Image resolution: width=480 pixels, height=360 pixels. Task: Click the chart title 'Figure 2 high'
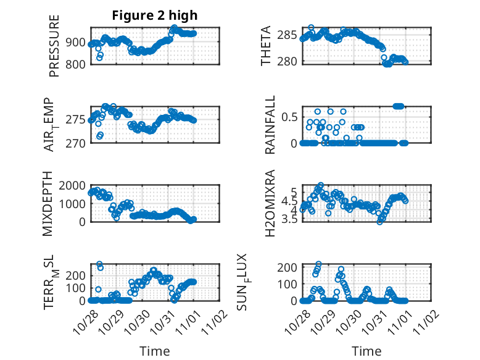point(155,15)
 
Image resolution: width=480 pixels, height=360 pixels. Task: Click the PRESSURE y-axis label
point(54,46)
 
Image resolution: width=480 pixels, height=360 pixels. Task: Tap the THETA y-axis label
point(266,46)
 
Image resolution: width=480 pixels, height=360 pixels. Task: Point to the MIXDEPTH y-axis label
point(49,204)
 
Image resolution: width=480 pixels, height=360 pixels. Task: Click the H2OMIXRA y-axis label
point(270,204)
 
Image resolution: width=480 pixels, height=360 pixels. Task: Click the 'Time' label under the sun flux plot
point(366,351)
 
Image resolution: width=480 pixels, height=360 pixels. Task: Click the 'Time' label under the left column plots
point(154,351)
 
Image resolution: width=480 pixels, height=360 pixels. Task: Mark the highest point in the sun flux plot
point(318,264)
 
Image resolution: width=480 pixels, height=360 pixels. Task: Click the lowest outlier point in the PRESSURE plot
point(99,59)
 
